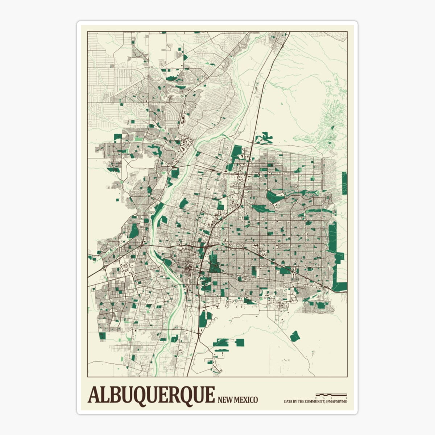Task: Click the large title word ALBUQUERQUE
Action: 151,395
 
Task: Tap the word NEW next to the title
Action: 225,400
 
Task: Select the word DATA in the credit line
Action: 289,401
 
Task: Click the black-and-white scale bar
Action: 331,394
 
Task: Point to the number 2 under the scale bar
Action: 346,398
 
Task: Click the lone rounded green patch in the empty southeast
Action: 295,336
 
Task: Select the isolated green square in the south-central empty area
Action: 240,342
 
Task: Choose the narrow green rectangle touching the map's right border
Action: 344,183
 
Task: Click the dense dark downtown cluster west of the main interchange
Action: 188,269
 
